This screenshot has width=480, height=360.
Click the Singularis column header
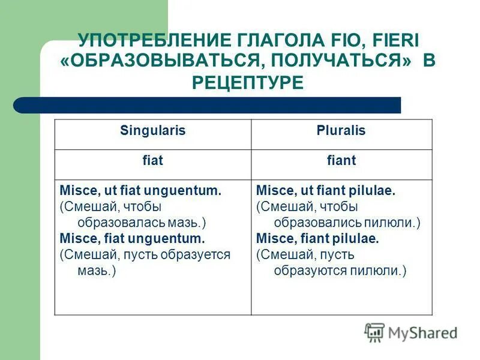pyautogui.click(x=153, y=131)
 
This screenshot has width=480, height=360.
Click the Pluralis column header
pyautogui.click(x=341, y=131)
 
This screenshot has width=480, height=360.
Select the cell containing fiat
pyautogui.click(x=153, y=161)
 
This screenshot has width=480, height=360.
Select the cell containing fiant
pyautogui.click(x=341, y=161)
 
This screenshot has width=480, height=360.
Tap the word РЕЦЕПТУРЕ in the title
pyautogui.click(x=248, y=82)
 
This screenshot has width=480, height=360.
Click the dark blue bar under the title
pyautogui.click(x=207, y=106)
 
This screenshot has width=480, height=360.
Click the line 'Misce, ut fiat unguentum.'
pyautogui.click(x=141, y=191)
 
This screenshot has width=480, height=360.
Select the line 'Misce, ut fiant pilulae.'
pyautogui.click(x=325, y=191)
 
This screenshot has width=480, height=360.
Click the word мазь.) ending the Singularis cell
pyautogui.click(x=97, y=271)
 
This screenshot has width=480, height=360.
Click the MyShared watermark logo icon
pyautogui.click(x=374, y=332)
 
